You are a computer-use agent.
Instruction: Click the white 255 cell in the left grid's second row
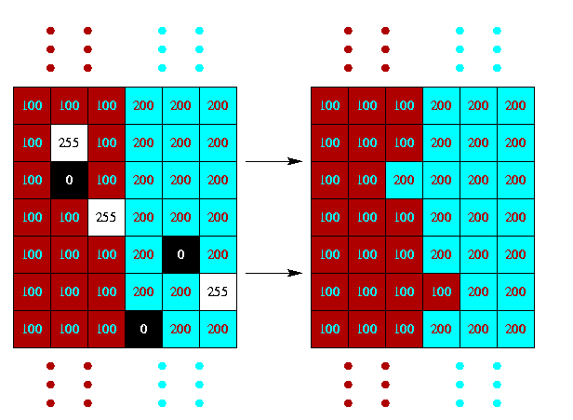69,142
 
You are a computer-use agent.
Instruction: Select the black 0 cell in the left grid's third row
69,180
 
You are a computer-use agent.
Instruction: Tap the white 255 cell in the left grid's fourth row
106,217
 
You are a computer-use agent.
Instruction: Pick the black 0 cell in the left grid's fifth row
180,254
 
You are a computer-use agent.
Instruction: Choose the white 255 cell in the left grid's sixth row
218,291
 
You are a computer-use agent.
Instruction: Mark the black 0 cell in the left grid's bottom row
143,329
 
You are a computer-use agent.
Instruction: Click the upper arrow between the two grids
273,161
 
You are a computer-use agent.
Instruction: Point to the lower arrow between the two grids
273,273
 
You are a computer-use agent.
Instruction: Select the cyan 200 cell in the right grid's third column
404,180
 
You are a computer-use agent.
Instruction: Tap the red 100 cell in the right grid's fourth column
441,291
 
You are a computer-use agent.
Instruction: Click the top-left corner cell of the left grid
32,105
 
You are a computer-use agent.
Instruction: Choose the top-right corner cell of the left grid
218,105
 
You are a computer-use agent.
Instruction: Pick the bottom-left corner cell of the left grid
32,329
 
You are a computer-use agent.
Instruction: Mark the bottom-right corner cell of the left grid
218,329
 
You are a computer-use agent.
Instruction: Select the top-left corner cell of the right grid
329,105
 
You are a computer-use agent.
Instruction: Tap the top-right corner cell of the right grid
515,105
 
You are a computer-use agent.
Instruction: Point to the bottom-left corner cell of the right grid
329,329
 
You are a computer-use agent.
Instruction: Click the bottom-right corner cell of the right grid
515,329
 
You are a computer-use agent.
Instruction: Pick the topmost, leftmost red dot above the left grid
50,31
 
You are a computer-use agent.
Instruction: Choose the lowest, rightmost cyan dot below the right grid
497,403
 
